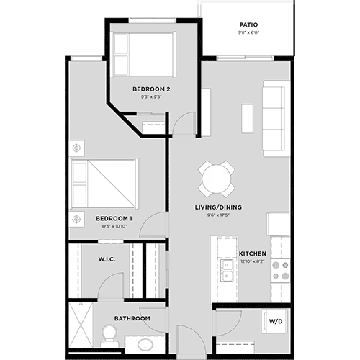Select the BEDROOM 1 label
(113, 218)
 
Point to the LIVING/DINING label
(219, 207)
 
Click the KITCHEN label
(253, 254)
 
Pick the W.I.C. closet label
(107, 258)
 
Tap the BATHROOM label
(132, 318)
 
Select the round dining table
(217, 178)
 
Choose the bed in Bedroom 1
(104, 184)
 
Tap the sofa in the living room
(276, 118)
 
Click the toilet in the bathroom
(109, 334)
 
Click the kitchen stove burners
(279, 269)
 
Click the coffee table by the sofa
(247, 118)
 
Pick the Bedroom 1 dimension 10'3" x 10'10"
(113, 226)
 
